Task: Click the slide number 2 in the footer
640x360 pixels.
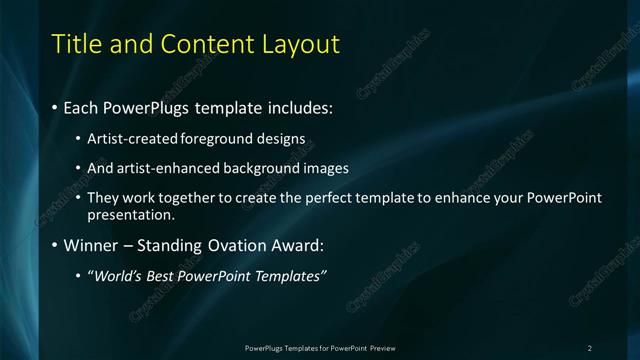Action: [590, 347]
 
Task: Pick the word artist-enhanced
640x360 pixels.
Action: [165, 168]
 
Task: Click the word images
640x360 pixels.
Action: [326, 168]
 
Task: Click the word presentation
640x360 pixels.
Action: [130, 214]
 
